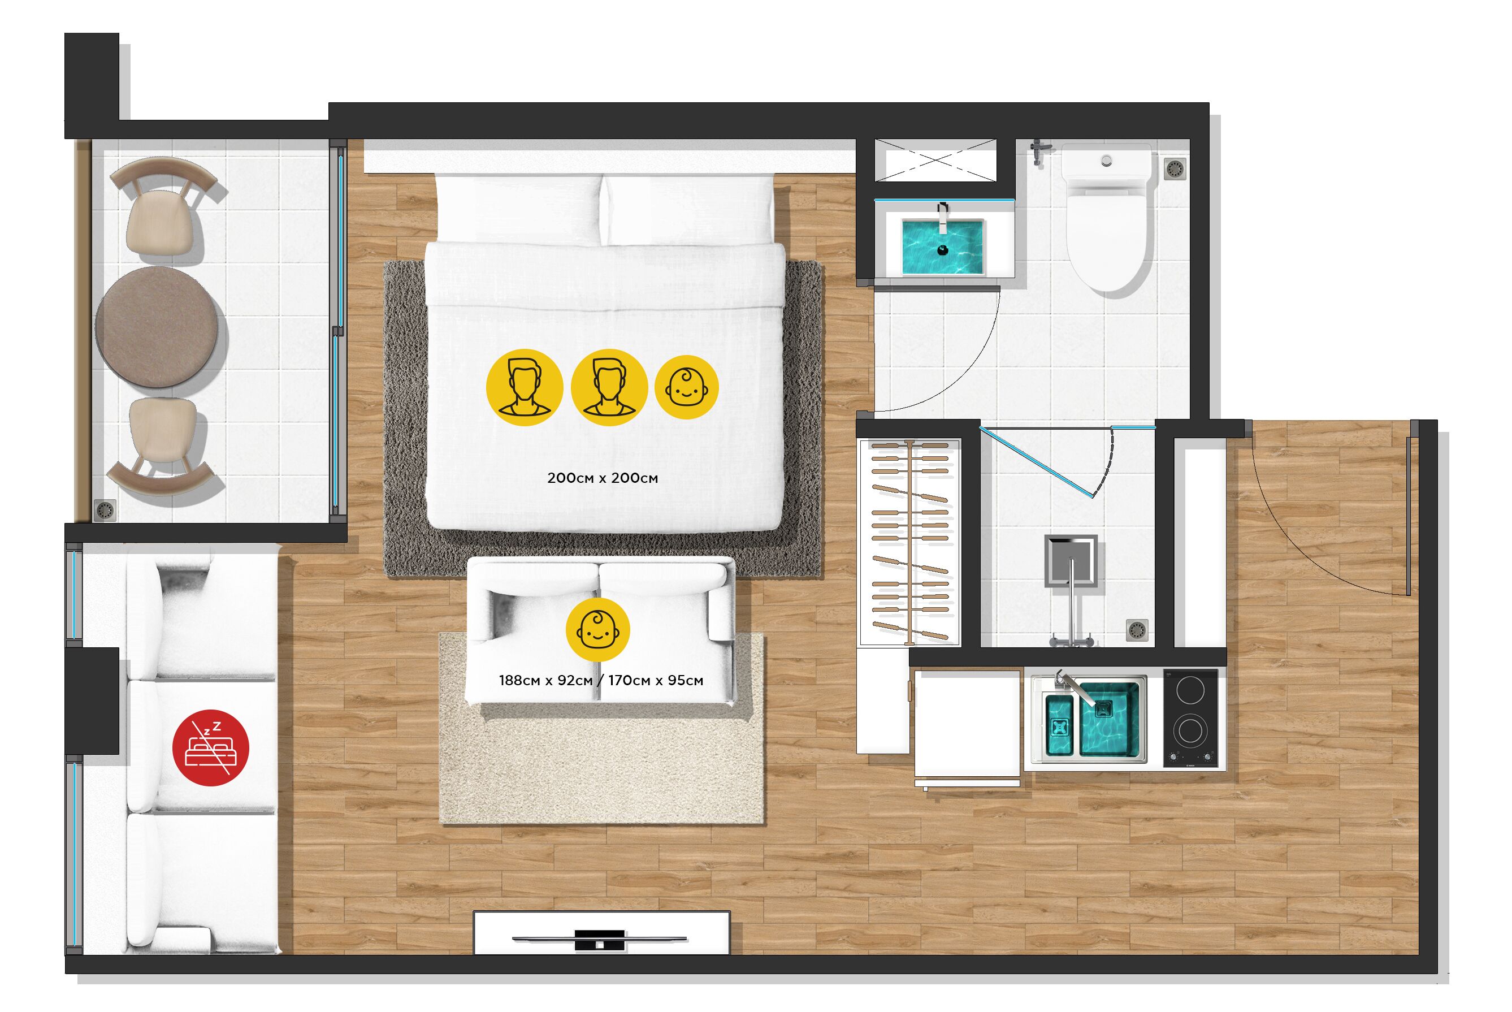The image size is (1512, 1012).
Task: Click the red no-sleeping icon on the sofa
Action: tap(210, 749)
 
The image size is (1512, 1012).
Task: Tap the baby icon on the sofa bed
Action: tap(597, 629)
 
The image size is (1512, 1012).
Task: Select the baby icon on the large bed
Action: tap(687, 387)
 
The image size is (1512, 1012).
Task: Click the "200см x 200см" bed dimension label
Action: tap(602, 478)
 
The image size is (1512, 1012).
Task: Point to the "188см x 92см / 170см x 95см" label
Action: tap(601, 680)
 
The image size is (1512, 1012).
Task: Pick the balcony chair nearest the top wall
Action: tap(161, 206)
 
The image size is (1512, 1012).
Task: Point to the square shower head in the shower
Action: tap(1071, 561)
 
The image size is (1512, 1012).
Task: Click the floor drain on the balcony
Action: tap(105, 509)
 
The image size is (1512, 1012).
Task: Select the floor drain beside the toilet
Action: tap(1176, 169)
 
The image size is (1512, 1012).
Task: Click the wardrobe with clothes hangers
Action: tap(910, 542)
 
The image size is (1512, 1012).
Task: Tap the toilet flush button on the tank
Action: tap(1107, 160)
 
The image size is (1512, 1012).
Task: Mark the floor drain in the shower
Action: tap(1138, 630)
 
